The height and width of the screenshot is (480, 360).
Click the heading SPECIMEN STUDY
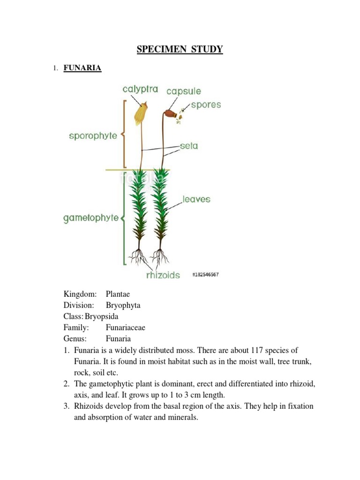click(180, 49)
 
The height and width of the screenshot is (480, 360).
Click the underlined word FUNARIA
click(82, 68)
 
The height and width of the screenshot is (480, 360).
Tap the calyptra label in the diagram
click(140, 89)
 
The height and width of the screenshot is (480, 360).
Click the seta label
click(189, 146)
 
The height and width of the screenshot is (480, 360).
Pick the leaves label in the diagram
click(196, 199)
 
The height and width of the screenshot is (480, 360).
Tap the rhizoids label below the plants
click(163, 275)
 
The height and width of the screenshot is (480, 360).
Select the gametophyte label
click(91, 218)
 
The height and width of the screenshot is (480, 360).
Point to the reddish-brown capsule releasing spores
click(170, 114)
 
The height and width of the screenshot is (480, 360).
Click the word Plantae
click(118, 294)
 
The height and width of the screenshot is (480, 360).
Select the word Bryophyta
click(123, 306)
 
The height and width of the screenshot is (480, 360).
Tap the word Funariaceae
click(125, 328)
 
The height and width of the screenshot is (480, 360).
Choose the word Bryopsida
click(102, 316)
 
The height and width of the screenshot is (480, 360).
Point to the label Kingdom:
click(80, 294)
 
